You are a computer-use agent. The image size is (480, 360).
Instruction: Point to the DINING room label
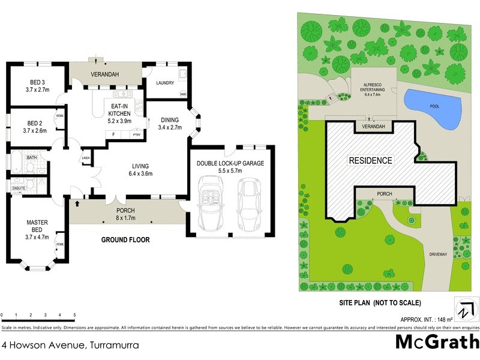click(169, 119)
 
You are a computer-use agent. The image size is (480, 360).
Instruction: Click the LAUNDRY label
click(164, 83)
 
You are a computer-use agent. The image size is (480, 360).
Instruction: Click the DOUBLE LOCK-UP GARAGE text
click(230, 163)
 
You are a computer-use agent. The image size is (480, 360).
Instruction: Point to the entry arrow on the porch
click(77, 204)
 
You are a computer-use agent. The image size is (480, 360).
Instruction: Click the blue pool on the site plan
click(434, 108)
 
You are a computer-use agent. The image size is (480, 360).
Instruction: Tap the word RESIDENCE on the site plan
click(371, 161)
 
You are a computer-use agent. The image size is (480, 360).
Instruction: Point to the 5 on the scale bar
click(74, 314)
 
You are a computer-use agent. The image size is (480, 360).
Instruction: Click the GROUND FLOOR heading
click(125, 239)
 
